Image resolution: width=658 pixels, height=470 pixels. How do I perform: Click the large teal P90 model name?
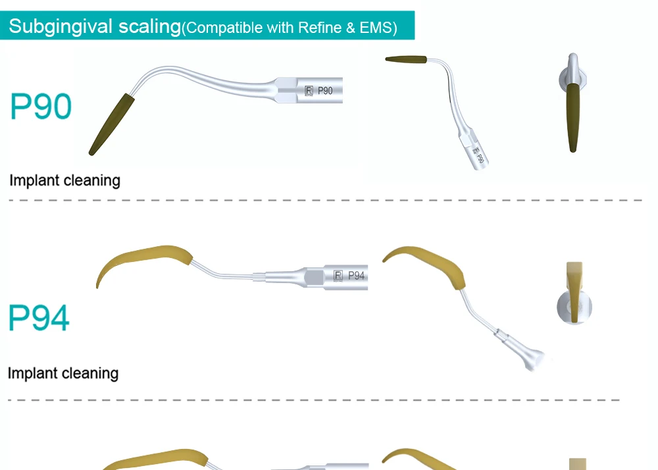click(41, 106)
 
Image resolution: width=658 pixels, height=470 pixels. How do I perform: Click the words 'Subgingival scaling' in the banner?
click(95, 27)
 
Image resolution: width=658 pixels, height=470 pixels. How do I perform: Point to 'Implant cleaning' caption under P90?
click(64, 180)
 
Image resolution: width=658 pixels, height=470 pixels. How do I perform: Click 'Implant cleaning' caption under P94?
click(63, 373)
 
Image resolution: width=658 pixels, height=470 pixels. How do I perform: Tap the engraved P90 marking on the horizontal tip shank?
click(325, 91)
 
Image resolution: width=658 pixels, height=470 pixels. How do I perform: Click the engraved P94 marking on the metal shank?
click(356, 276)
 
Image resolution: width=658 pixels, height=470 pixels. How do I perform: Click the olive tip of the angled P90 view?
click(405, 60)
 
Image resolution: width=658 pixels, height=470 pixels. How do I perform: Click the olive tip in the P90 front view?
click(572, 115)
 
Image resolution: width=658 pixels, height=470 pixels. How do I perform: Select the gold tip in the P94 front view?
click(574, 290)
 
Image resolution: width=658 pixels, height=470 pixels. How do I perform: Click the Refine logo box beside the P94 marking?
click(339, 276)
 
